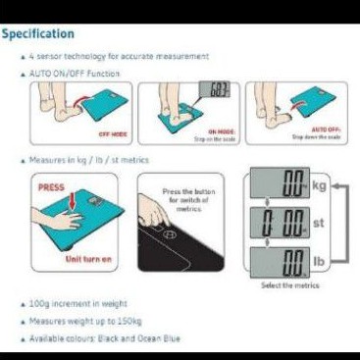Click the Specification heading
[x=38, y=34]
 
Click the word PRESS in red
[x=51, y=184]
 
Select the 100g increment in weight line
[x=82, y=304]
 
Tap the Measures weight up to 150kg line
[x=90, y=322]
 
